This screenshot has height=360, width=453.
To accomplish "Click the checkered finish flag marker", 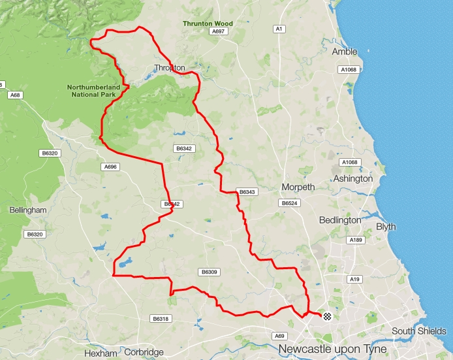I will click(x=328, y=317).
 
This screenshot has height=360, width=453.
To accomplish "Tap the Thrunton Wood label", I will click(x=208, y=24).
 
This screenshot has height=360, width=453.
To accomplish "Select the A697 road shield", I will click(x=218, y=31).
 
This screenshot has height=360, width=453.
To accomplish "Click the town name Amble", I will click(x=345, y=52).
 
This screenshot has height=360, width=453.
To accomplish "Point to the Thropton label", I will click(x=170, y=68).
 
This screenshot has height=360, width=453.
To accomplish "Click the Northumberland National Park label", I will click(x=94, y=91).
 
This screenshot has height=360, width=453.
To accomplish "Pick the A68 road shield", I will click(x=15, y=95).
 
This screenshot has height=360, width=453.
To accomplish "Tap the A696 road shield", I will click(x=110, y=167).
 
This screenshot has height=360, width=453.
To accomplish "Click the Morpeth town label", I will click(x=298, y=188).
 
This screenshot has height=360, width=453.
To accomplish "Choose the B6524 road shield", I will click(x=289, y=204).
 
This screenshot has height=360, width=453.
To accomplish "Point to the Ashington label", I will click(x=352, y=178).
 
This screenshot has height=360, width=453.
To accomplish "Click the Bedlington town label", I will click(x=340, y=220).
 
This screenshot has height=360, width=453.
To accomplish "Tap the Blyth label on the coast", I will click(x=386, y=227).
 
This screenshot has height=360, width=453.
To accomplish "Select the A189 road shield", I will click(x=356, y=240).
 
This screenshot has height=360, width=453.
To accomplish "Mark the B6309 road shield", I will click(x=209, y=272).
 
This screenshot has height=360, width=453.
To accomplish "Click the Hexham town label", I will click(x=101, y=353).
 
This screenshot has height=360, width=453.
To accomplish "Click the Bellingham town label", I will click(x=28, y=210).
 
